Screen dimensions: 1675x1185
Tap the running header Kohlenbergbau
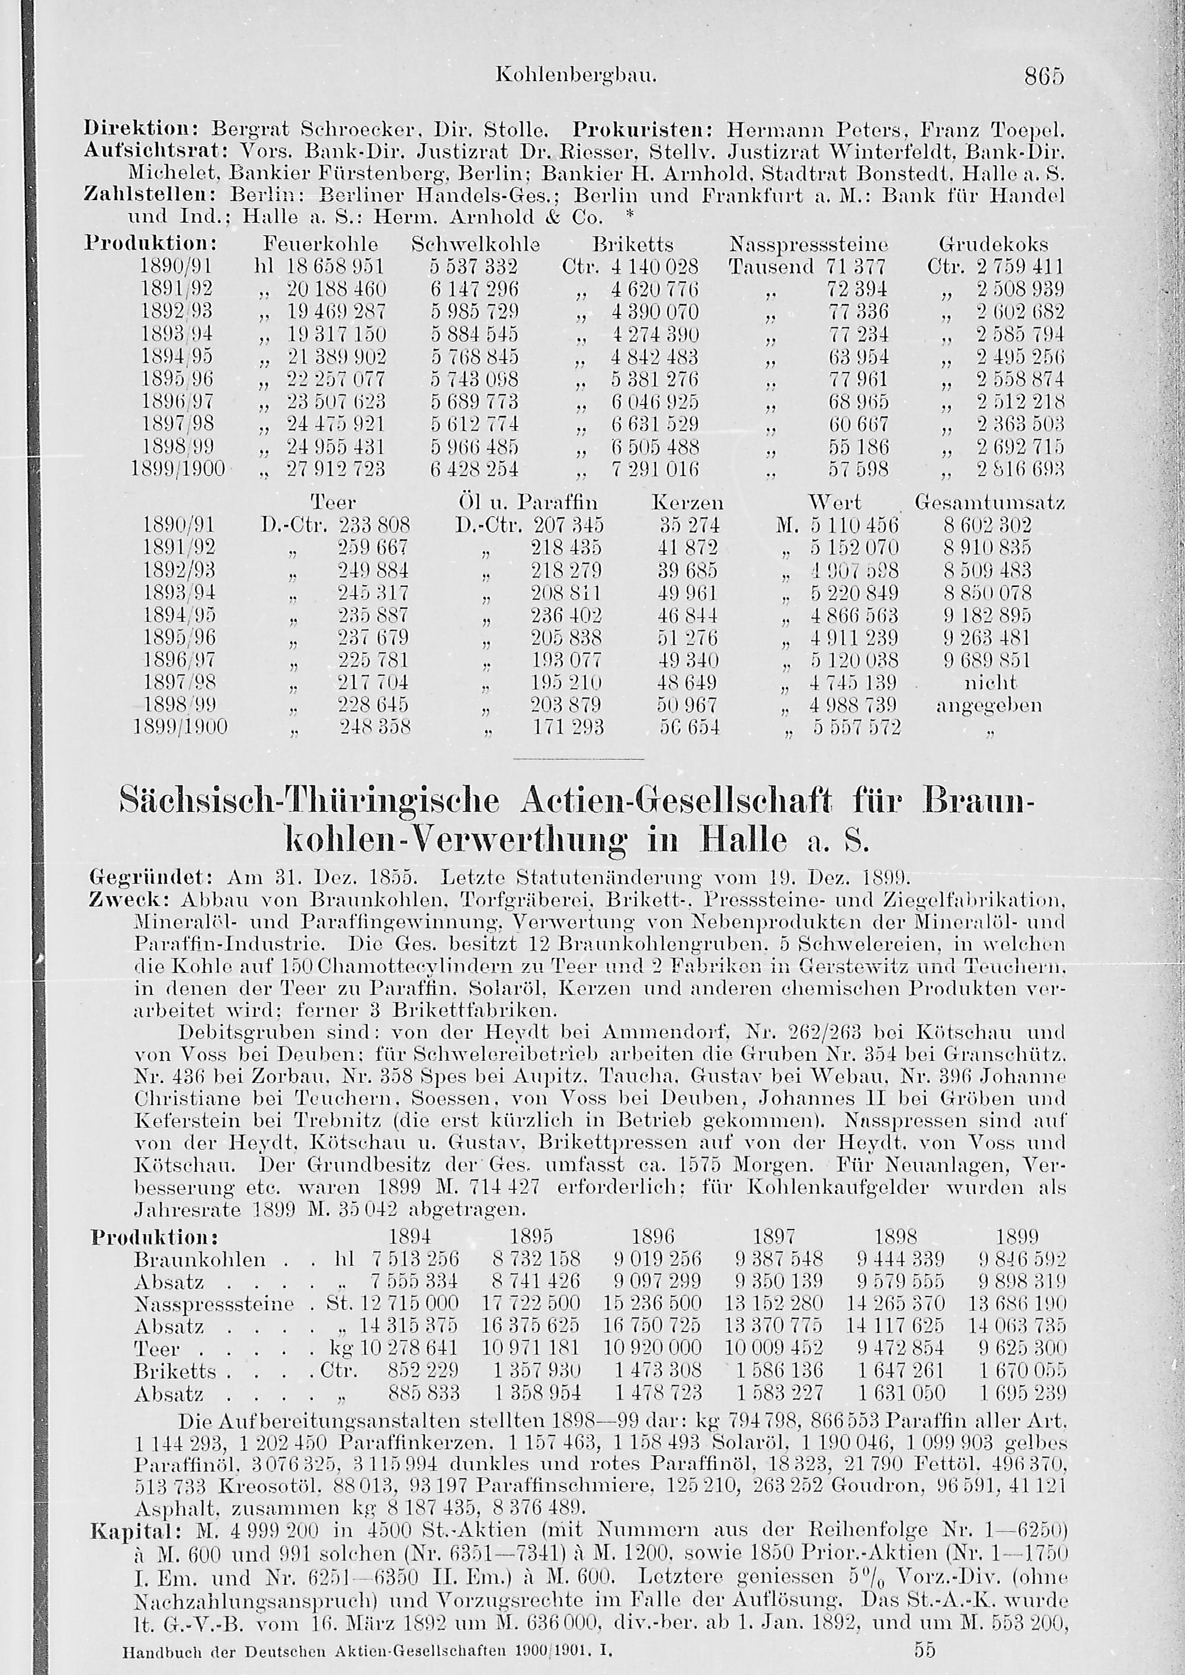[x=577, y=75]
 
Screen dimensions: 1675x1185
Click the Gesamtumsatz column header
[x=990, y=503]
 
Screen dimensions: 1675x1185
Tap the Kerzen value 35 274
[x=687, y=525]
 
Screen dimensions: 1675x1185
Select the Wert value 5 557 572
[x=857, y=727]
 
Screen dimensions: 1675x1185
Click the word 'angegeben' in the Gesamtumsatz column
[x=989, y=705]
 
